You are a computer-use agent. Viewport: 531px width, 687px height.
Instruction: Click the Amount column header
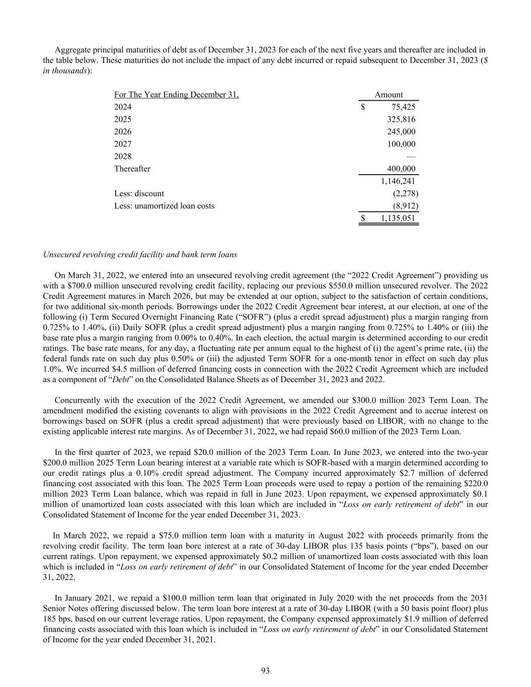click(389, 95)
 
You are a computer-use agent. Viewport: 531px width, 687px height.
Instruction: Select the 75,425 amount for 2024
click(403, 107)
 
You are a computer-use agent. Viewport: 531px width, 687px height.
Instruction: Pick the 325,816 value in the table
click(401, 119)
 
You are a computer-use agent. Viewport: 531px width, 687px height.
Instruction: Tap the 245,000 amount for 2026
click(401, 131)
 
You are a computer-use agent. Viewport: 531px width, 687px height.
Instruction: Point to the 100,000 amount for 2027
click(401, 144)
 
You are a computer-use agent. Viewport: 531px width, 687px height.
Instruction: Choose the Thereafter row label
click(132, 169)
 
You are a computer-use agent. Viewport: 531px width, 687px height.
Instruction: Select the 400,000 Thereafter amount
click(401, 169)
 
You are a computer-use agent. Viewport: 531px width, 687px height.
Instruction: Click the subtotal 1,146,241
click(398, 181)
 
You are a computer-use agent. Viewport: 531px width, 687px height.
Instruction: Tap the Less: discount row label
click(139, 193)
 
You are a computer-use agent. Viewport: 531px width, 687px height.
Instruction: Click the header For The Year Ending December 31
click(176, 95)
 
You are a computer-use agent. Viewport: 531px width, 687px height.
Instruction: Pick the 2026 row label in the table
click(123, 131)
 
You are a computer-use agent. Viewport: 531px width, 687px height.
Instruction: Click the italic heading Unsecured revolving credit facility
click(140, 255)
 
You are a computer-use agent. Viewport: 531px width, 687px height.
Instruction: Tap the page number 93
click(265, 670)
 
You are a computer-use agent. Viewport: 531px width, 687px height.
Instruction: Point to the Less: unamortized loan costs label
click(164, 205)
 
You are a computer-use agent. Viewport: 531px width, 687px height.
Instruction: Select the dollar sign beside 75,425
click(363, 107)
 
